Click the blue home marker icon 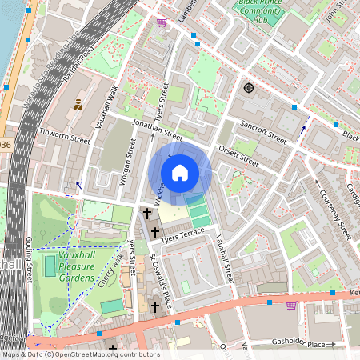pyautogui.click(x=180, y=173)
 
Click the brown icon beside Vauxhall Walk pyautogui.click(x=78, y=104)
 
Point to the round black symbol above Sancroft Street pyautogui.click(x=249, y=87)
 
